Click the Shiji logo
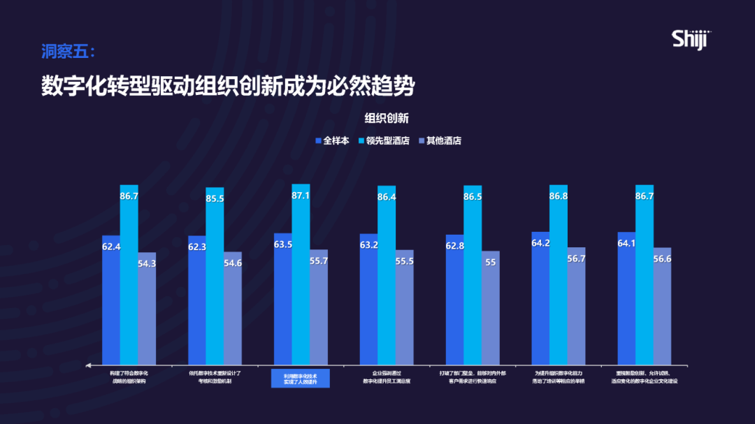pyautogui.click(x=690, y=39)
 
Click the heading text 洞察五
pyautogui.click(x=67, y=52)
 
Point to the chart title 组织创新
pyautogui.click(x=387, y=118)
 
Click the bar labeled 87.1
pyautogui.click(x=301, y=279)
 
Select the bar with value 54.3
pyautogui.click(x=147, y=311)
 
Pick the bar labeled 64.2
pyautogui.click(x=540, y=300)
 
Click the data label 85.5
pyautogui.click(x=215, y=198)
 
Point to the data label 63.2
pyautogui.click(x=368, y=245)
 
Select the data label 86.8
pyautogui.click(x=559, y=196)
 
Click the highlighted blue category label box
pyautogui.click(x=301, y=378)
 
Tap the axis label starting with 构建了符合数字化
pyautogui.click(x=129, y=377)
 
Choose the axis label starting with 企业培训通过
pyautogui.click(x=387, y=377)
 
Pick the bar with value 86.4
pyautogui.click(x=387, y=279)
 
